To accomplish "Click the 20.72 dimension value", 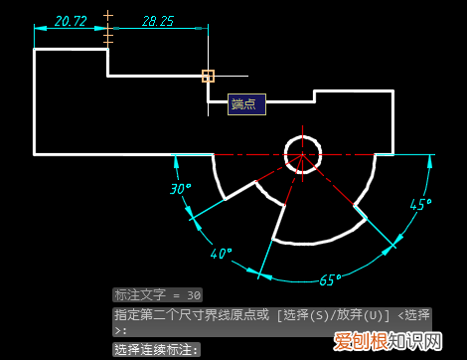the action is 70,20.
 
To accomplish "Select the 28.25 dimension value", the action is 157,20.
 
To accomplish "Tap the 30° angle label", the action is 180,188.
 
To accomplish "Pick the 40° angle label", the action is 221,254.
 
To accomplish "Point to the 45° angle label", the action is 420,205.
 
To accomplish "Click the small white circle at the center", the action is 302,154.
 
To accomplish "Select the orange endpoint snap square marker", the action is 208,76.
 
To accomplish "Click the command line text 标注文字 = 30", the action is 158,295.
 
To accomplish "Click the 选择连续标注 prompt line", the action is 157,349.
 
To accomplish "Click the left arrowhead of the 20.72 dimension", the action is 38,29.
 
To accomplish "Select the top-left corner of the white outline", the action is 35,49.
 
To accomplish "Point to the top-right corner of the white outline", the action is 392,91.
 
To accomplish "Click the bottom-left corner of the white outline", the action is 35,154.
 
